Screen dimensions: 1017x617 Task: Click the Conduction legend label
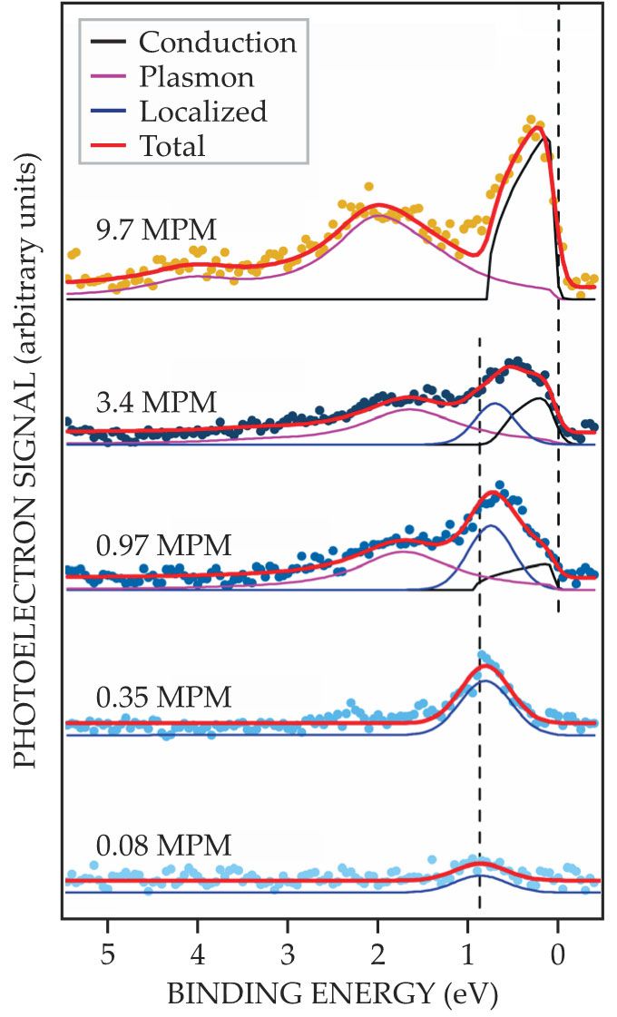click(217, 42)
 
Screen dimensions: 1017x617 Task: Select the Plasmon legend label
click(196, 76)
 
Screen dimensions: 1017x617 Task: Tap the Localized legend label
click(203, 111)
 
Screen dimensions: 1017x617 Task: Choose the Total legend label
click(172, 145)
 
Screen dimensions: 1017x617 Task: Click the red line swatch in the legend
click(109, 145)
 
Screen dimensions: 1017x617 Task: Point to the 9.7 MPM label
click(156, 230)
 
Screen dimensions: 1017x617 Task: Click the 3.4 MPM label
click(156, 401)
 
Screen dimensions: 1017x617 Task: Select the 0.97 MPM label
click(163, 546)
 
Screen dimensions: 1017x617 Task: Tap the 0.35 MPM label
click(163, 698)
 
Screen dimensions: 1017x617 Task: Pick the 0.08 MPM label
click(163, 846)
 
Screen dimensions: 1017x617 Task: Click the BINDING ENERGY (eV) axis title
click(332, 994)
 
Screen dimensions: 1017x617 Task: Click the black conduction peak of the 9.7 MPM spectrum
click(544, 138)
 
